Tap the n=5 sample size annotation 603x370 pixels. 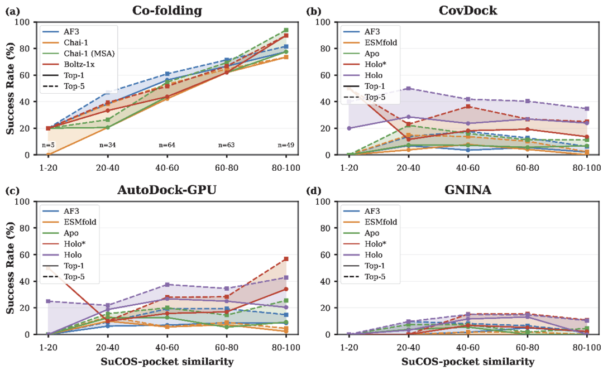pos(48,145)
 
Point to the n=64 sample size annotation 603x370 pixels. pos(167,145)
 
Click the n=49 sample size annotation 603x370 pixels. pos(286,145)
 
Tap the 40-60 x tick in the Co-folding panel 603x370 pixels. pos(167,166)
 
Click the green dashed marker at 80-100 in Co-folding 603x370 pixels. pos(286,30)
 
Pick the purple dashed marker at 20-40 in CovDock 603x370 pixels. pos(408,88)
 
